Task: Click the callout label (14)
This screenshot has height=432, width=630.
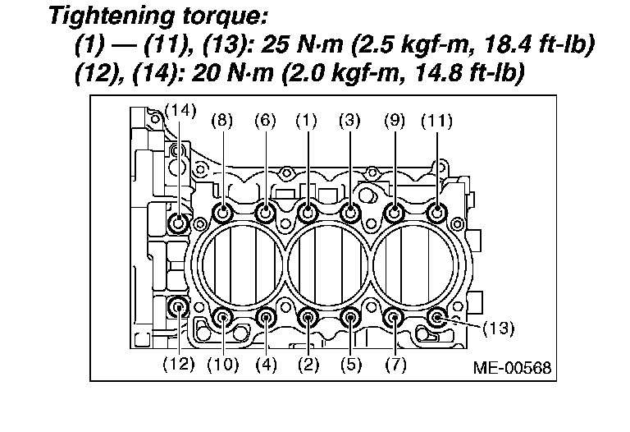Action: pyautogui.click(x=180, y=111)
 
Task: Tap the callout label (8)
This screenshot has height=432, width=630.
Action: pyautogui.click(x=222, y=121)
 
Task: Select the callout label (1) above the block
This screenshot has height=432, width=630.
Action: pyautogui.click(x=306, y=121)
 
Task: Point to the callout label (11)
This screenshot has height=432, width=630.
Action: pyautogui.click(x=436, y=121)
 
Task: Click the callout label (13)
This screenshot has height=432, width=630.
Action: pyautogui.click(x=498, y=329)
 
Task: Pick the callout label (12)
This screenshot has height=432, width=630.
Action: pyautogui.click(x=179, y=365)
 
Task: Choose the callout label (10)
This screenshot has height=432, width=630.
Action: pyautogui.click(x=223, y=365)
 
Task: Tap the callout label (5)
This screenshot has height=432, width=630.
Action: pyautogui.click(x=351, y=365)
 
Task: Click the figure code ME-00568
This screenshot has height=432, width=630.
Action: pyautogui.click(x=512, y=368)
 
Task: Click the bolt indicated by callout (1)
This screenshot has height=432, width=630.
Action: pyautogui.click(x=308, y=212)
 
